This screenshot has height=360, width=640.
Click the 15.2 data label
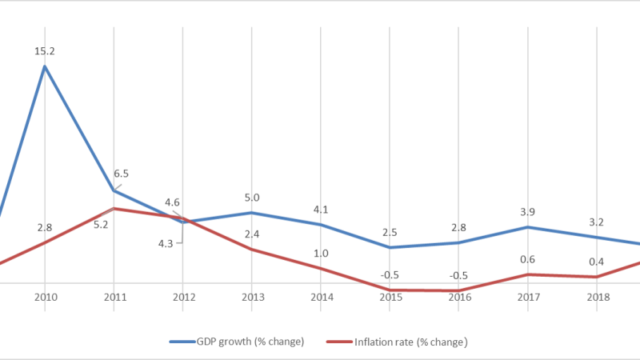pos(45,51)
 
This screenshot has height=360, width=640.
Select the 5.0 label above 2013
pos(252,198)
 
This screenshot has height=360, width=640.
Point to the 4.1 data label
pos(321,210)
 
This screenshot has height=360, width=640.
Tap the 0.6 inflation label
pos(527,258)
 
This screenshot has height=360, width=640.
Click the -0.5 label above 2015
pos(390,275)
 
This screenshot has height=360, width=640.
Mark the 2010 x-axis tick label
pos(46,298)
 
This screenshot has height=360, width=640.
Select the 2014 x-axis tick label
pos(321,298)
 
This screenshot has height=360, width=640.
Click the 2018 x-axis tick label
pos(597,298)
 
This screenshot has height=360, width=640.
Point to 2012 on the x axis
pos(183,298)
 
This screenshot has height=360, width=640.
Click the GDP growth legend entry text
pos(250,342)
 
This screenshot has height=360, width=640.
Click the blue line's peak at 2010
pos(45,66)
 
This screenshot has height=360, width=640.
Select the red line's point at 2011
pos(114,209)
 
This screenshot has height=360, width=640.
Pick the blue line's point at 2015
pos(390,247)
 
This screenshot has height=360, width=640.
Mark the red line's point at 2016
pos(459,290)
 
